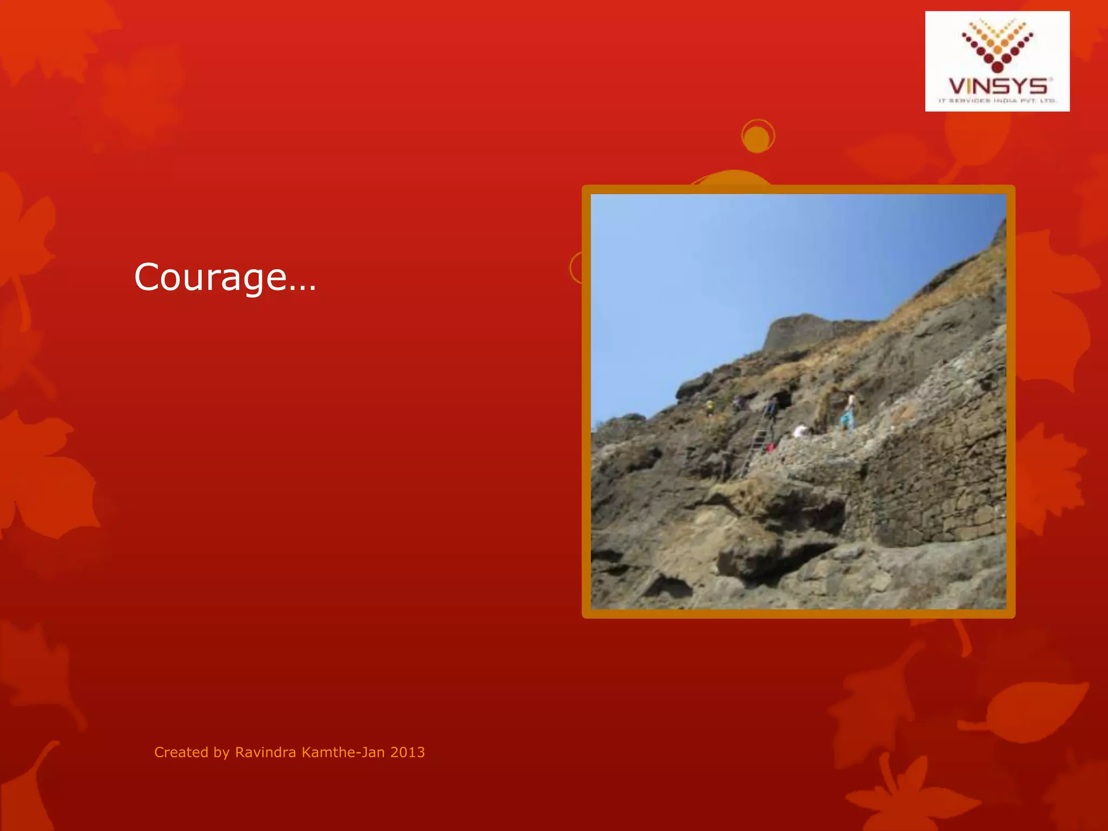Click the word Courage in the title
[x=210, y=278]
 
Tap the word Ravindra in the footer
[x=266, y=753]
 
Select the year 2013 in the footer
[x=407, y=753]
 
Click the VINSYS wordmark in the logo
[x=998, y=87]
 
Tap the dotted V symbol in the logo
[x=998, y=46]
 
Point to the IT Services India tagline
[x=998, y=101]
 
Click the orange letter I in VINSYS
[x=972, y=87]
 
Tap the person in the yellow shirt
[x=710, y=406]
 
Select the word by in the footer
[x=222, y=753]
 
